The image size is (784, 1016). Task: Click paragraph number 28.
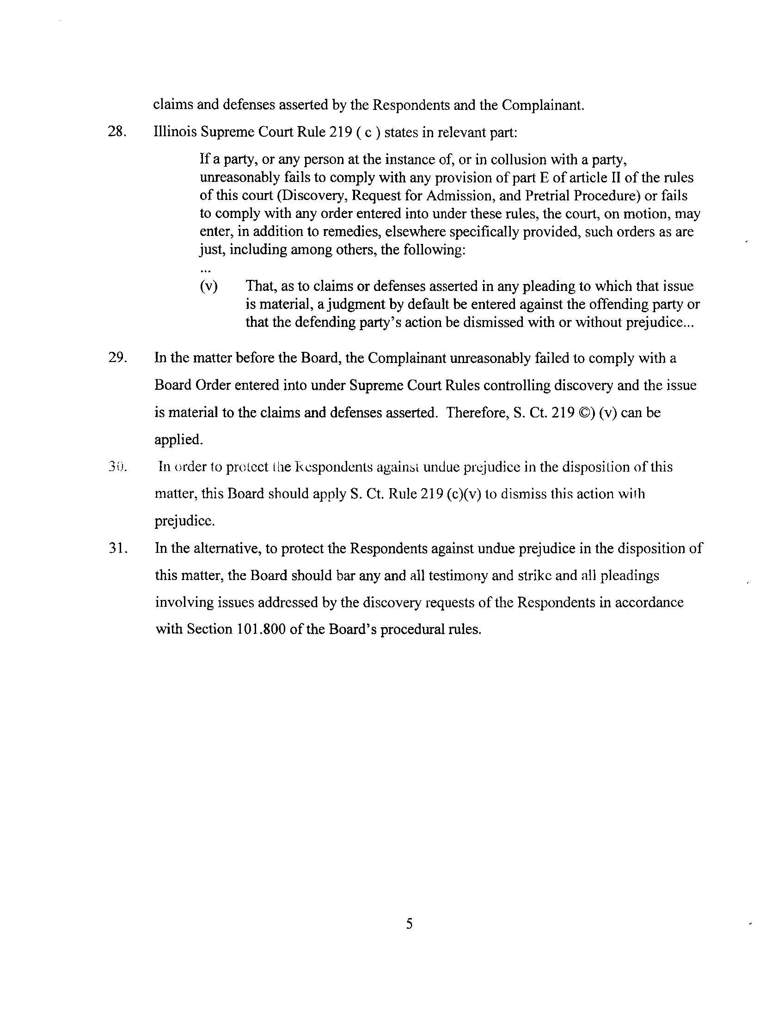pyautogui.click(x=116, y=132)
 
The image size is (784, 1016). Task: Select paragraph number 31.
pyautogui.click(x=116, y=549)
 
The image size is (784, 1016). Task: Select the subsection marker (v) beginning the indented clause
pyautogui.click(x=208, y=286)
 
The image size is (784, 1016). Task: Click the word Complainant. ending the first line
pyautogui.click(x=542, y=105)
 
